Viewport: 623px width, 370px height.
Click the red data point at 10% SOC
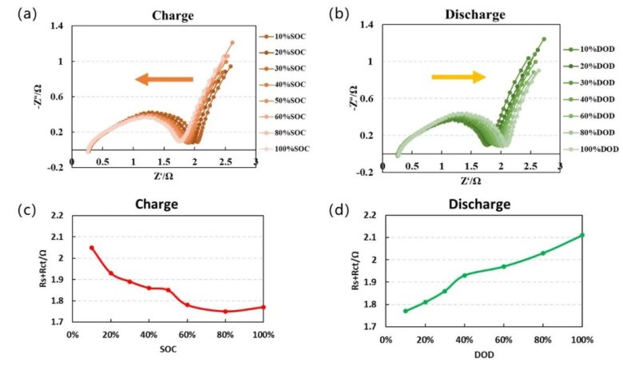[92, 248]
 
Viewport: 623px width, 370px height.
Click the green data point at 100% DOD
[581, 235]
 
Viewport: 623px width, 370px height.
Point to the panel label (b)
[337, 14]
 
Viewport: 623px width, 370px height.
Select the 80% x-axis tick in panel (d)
[542, 340]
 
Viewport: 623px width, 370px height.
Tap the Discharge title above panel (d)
[479, 205]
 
